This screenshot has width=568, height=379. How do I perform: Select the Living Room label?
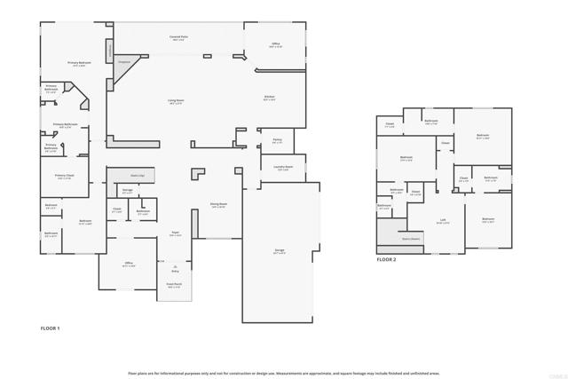click(176, 102)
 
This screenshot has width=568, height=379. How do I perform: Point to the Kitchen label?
click(269, 97)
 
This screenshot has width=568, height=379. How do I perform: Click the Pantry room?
click(277, 140)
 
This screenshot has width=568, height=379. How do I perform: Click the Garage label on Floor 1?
click(280, 252)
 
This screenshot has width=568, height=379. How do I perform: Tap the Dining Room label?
click(217, 205)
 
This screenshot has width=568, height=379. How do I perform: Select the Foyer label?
click(176, 234)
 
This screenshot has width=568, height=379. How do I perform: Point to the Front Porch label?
click(174, 286)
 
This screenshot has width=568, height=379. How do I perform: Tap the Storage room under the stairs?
click(127, 191)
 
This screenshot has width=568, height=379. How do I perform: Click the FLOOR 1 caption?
click(51, 328)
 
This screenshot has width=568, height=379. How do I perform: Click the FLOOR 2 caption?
click(386, 259)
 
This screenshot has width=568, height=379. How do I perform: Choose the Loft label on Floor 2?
click(442, 221)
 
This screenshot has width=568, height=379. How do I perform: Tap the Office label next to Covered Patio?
click(275, 44)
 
